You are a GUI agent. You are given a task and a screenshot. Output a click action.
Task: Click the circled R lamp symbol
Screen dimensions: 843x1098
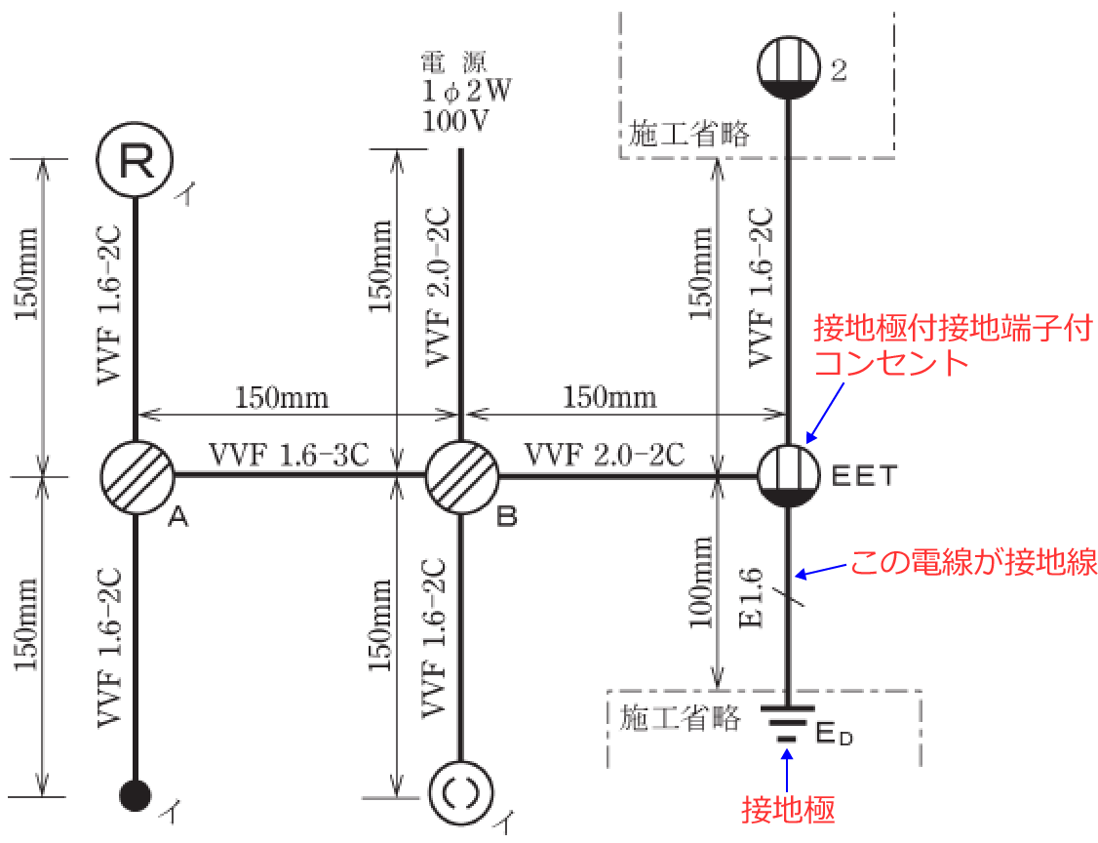[x=136, y=161]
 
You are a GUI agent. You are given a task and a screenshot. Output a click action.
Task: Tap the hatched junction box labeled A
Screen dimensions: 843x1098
[x=137, y=476]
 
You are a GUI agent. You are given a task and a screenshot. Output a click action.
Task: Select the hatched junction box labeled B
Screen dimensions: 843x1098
[x=460, y=476]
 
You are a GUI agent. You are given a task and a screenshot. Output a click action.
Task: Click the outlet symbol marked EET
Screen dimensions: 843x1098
[x=788, y=476]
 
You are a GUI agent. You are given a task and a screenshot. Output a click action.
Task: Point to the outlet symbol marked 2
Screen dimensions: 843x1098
[x=788, y=66]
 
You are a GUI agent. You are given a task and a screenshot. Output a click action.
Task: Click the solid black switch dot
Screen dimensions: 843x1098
[x=136, y=795]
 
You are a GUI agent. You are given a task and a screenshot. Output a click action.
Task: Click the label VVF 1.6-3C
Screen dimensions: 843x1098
[x=288, y=455]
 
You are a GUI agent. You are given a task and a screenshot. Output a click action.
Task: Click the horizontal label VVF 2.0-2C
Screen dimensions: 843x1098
[x=605, y=455]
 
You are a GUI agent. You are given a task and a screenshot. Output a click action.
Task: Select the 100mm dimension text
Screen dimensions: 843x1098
[x=701, y=596]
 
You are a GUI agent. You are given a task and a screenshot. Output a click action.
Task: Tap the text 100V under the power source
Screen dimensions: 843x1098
[x=455, y=122]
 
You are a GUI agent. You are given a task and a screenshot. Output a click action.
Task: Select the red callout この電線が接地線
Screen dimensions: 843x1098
[x=974, y=562]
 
